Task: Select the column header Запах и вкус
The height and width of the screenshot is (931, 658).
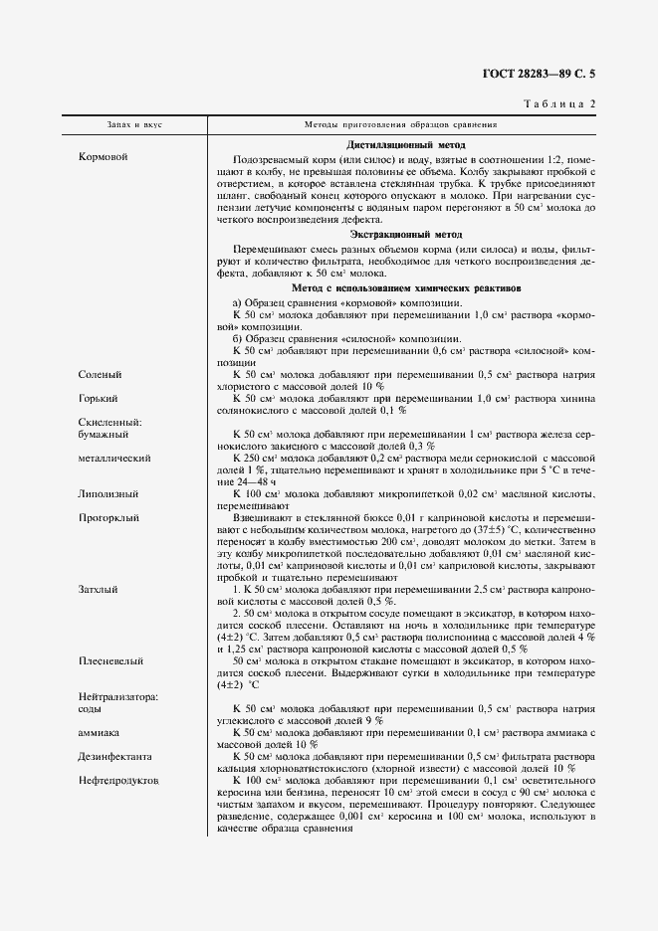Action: pyautogui.click(x=135, y=126)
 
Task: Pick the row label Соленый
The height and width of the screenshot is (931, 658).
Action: pyautogui.click(x=101, y=374)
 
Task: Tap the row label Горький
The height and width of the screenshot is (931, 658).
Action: pyautogui.click(x=100, y=398)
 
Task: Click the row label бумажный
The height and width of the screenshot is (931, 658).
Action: pyautogui.click(x=103, y=434)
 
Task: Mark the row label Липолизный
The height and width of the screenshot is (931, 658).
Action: pyautogui.click(x=108, y=493)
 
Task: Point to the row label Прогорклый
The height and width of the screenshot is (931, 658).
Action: pyautogui.click(x=110, y=517)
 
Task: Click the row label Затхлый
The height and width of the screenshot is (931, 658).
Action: pyautogui.click(x=100, y=589)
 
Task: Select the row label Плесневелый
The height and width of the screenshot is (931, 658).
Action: pyautogui.click(x=110, y=659)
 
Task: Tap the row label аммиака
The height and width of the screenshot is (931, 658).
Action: pyautogui.click(x=101, y=731)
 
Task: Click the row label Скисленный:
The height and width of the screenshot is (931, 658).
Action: pyautogui.click(x=110, y=422)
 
